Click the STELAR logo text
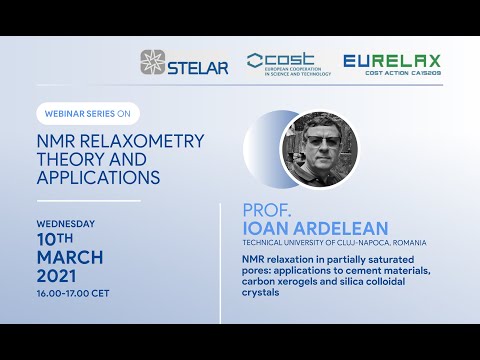[x=200, y=68]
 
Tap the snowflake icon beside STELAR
[x=153, y=63]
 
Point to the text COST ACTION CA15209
[x=406, y=73]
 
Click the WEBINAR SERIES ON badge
[x=87, y=113]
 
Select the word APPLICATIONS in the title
[x=99, y=179]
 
